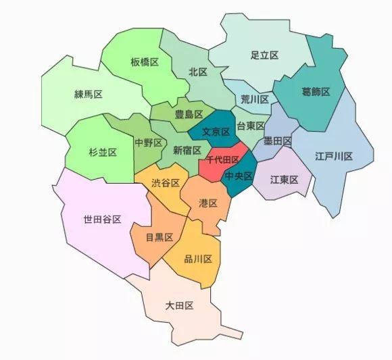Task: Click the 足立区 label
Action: [264, 55]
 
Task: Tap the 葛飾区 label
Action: [316, 92]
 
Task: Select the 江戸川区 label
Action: [334, 156]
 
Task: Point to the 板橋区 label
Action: [145, 62]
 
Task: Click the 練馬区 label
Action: [88, 95]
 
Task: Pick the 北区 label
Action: [197, 71]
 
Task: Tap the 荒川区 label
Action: [255, 99]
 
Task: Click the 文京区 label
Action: [216, 133]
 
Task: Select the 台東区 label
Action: [251, 127]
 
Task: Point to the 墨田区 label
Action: [278, 141]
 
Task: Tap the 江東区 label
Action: [284, 179]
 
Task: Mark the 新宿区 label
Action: [187, 150]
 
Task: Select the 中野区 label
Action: [149, 143]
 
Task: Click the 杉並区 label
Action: [103, 153]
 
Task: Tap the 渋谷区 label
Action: [166, 183]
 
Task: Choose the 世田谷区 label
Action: [102, 220]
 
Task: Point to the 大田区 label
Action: [180, 306]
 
